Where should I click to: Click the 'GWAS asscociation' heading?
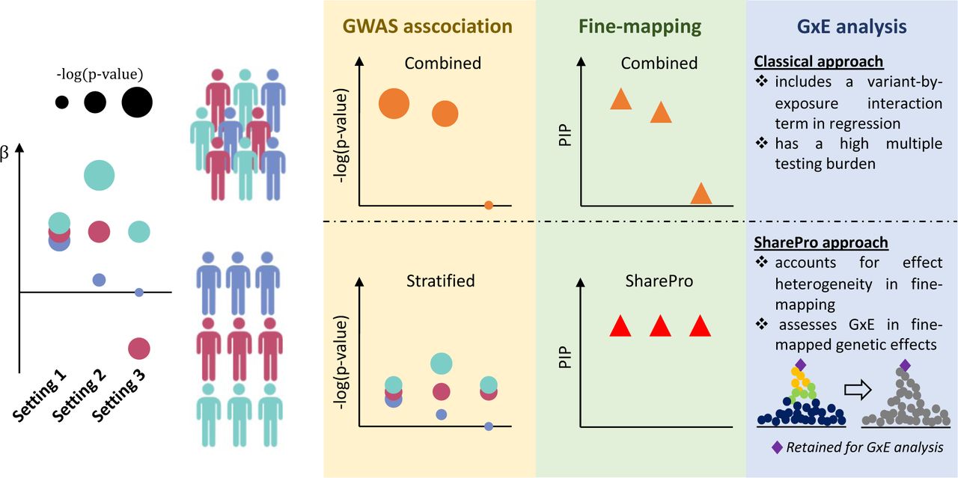tap(427, 26)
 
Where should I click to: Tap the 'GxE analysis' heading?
tap(852, 26)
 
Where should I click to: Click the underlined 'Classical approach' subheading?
tap(819, 61)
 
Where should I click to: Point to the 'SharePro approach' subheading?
tap(821, 242)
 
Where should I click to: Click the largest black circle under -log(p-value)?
tap(137, 102)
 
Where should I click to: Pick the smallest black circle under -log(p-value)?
tap(61, 102)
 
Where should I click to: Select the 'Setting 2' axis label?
tap(79, 396)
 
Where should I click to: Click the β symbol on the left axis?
tap(4, 153)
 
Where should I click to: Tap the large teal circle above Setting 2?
tap(100, 175)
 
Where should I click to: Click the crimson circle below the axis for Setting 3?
tap(139, 349)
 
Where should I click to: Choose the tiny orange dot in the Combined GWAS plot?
tap(489, 205)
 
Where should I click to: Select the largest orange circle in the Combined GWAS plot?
tap(394, 103)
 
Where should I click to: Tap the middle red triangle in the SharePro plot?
tap(660, 326)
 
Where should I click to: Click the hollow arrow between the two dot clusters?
tap(858, 390)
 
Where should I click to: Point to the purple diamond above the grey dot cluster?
tap(905, 366)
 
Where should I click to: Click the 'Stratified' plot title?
tap(441, 281)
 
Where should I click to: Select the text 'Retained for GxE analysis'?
tap(864, 447)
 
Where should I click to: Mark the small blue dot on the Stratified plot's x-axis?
tap(489, 426)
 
